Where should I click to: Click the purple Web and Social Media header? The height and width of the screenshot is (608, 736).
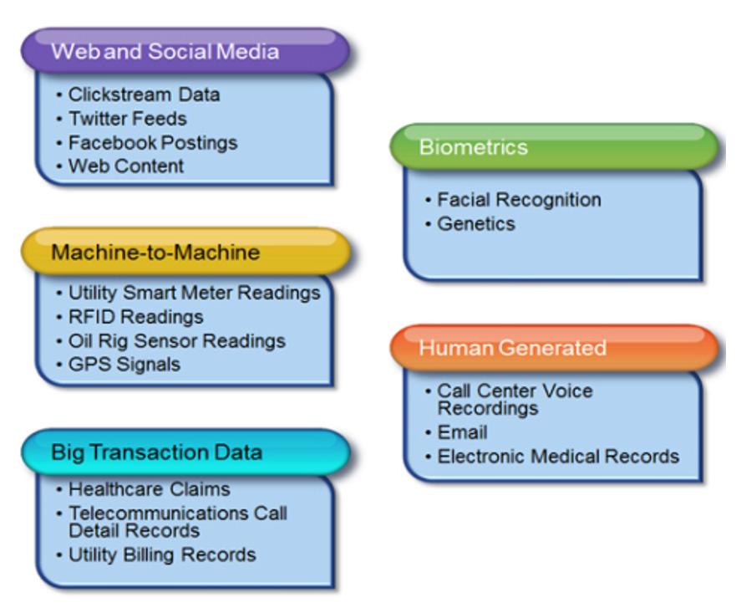point(185,51)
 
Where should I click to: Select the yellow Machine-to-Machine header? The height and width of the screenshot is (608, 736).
point(185,252)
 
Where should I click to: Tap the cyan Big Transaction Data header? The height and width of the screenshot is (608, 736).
point(185,452)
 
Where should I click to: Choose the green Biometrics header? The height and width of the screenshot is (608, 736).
point(555,146)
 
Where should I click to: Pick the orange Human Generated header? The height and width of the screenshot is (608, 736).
point(555,348)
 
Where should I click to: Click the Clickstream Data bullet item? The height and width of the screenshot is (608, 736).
point(144,95)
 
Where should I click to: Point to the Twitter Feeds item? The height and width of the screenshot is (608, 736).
point(128,119)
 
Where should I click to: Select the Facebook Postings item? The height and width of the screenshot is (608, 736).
point(153,142)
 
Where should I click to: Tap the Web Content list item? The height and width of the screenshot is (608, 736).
point(126,166)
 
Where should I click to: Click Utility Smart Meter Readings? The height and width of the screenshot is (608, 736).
point(195,293)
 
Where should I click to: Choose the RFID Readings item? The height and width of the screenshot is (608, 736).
point(135,317)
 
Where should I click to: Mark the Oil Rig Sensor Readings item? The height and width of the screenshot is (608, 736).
point(177,340)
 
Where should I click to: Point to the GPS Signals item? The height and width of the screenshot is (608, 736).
point(124,365)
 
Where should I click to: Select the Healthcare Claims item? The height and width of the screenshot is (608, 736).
point(150,489)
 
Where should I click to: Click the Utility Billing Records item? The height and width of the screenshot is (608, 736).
point(162,555)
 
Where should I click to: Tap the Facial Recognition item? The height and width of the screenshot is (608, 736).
point(519,200)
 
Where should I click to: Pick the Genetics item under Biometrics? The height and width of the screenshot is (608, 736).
point(476,223)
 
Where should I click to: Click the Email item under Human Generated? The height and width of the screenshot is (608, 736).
point(462,432)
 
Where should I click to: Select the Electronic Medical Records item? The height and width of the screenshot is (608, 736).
point(558,457)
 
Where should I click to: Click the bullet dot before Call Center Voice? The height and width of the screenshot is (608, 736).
point(428,391)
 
